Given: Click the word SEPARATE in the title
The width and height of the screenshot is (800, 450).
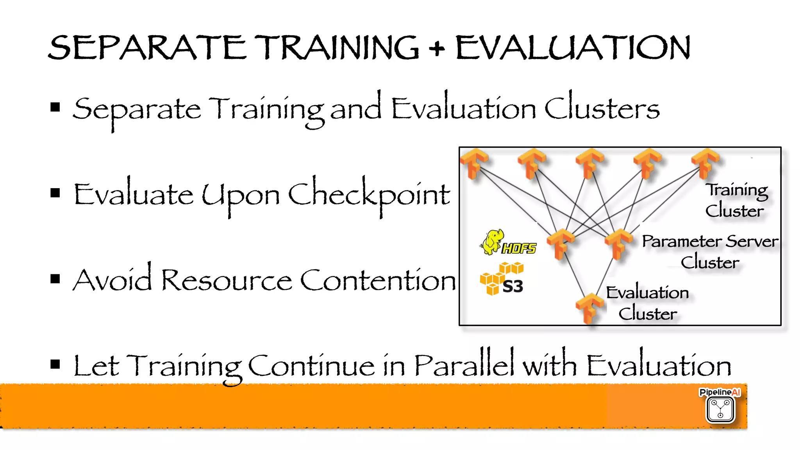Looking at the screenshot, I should coord(147,48).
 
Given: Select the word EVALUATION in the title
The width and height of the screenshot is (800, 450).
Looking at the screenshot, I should coord(573,48).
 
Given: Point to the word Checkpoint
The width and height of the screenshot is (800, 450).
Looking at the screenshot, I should coord(369,195).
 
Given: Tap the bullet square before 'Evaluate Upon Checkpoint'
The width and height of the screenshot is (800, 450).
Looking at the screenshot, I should coord(55,193).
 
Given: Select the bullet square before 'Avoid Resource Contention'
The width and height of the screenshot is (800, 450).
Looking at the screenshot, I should coord(55,279).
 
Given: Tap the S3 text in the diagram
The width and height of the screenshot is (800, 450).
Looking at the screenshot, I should coord(512,286).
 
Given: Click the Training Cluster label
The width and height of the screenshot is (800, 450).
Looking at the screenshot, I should coord(736,200).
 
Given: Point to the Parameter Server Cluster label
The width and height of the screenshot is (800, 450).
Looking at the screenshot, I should coord(710,251).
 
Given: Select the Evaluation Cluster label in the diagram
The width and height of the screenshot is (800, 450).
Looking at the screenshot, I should coord(648,303).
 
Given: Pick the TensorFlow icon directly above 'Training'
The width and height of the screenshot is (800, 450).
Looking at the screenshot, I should coord(705,162).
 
